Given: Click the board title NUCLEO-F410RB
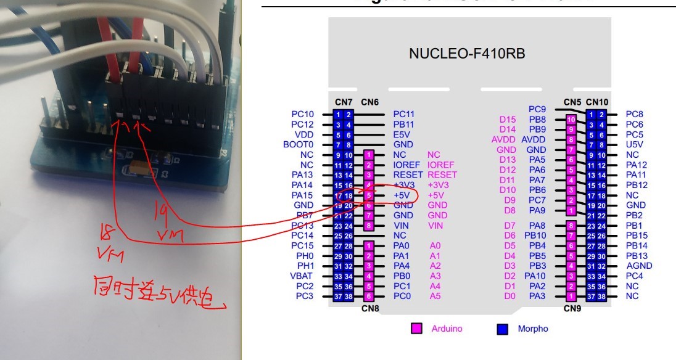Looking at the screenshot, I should (x=467, y=54).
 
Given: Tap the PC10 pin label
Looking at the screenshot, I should (x=302, y=114).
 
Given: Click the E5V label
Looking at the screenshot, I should (x=402, y=134).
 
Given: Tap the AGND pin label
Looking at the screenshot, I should (x=638, y=266).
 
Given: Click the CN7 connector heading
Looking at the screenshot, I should (x=343, y=102).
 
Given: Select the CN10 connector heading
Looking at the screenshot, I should (x=597, y=102).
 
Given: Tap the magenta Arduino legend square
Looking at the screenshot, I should (x=416, y=329).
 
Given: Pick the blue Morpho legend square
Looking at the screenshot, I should (x=502, y=329).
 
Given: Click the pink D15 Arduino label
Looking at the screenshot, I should (x=507, y=119).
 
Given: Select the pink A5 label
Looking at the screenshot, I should (x=435, y=296).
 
